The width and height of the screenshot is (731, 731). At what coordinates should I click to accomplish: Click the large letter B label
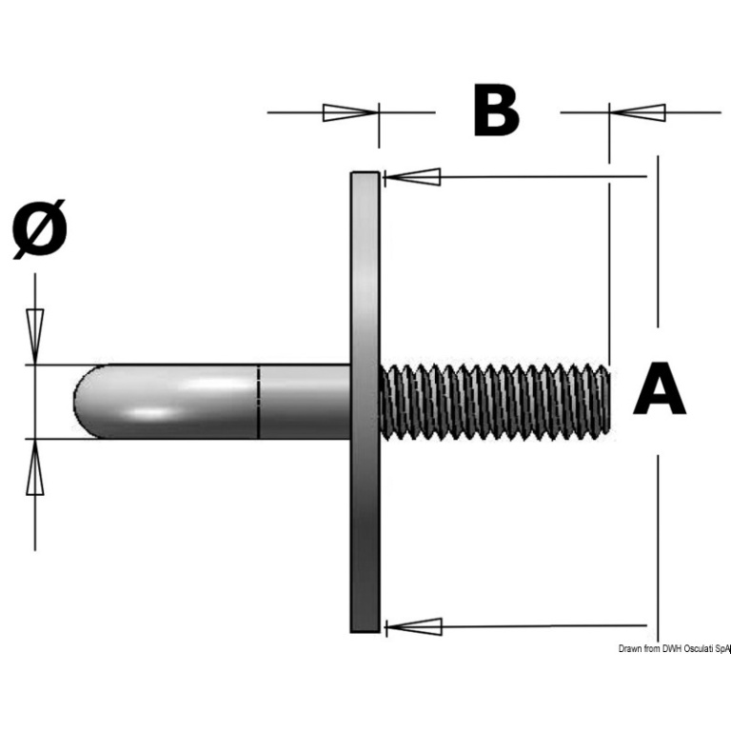tap(497, 112)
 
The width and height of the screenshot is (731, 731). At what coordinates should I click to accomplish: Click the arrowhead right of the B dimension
tap(636, 112)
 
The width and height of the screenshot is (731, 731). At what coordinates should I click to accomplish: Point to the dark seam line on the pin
tap(259, 400)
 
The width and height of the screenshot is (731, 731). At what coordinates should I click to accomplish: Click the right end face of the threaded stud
tap(607, 400)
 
